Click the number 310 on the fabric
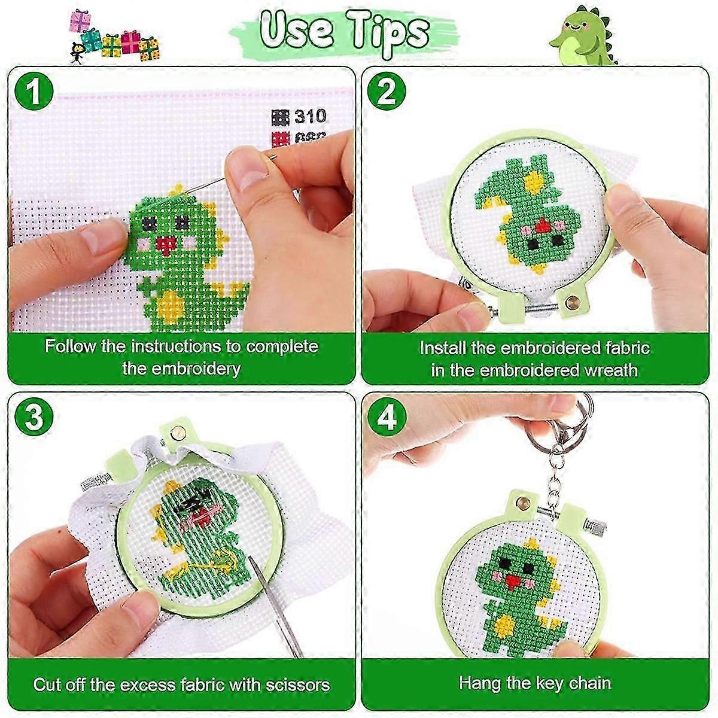pos(309,115)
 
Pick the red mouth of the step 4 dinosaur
pos(510,579)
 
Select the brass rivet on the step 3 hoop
pos(177,430)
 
